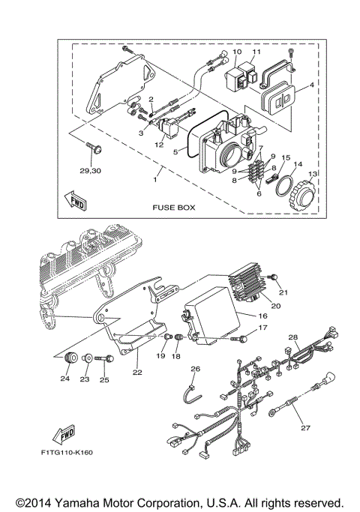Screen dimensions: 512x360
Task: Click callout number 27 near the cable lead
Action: point(304,428)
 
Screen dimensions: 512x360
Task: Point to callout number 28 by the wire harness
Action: point(293,337)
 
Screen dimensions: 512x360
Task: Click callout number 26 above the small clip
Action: point(196,369)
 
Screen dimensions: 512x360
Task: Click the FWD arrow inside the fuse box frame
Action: point(76,200)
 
